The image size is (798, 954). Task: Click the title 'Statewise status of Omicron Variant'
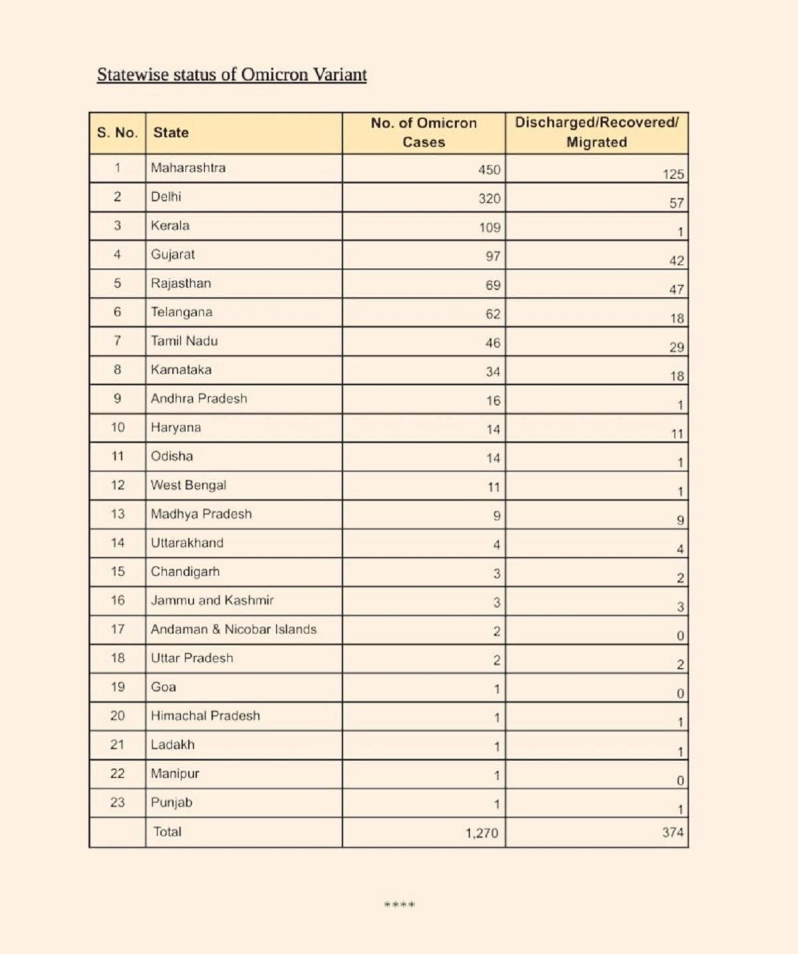[x=231, y=74]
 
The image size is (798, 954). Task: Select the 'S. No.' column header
[x=117, y=132]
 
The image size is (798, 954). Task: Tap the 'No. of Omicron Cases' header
[x=424, y=132]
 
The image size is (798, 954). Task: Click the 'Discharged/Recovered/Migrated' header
[x=597, y=132]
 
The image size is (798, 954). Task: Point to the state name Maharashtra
[x=188, y=168]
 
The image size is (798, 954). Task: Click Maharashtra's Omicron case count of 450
[x=489, y=170]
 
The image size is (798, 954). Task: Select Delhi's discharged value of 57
[x=676, y=203]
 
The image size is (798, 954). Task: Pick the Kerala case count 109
[x=489, y=227]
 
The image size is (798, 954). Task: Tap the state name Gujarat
[x=173, y=254]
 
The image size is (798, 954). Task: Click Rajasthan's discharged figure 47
[x=676, y=289]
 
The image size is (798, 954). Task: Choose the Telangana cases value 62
[x=492, y=314]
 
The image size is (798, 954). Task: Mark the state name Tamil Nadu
[x=184, y=340]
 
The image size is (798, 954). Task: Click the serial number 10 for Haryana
[x=118, y=427]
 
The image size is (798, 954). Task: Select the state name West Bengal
[x=188, y=485]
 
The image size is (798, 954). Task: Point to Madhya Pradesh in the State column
[x=201, y=513]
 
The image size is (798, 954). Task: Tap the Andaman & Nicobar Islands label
[x=233, y=629]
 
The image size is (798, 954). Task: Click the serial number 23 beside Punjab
[x=118, y=802]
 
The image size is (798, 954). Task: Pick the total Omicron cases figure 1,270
[x=481, y=832]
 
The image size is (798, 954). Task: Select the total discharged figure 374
[x=672, y=832]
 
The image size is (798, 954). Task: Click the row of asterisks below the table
[x=400, y=905]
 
